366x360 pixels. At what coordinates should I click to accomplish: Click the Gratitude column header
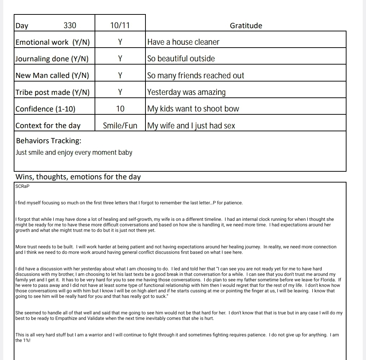[x=246, y=26]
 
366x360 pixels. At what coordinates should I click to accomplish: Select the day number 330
[x=70, y=25]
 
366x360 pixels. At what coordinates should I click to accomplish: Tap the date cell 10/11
[x=120, y=25]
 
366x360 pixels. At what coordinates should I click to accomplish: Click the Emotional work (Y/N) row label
[x=53, y=42]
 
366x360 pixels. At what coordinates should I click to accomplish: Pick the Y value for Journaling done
[x=120, y=59]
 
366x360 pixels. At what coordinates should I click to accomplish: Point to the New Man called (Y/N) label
[x=52, y=75]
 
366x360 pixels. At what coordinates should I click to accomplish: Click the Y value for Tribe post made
[x=120, y=92]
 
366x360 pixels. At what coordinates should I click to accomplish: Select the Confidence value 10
[x=120, y=109]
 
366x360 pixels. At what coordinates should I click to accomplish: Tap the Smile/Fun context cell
[x=120, y=126]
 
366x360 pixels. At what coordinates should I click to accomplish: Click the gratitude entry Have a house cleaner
[x=183, y=42]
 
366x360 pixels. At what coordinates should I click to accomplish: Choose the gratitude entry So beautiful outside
[x=181, y=59]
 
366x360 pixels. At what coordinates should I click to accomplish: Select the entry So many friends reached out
[x=196, y=76]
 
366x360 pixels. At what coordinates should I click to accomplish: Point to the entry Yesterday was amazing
[x=187, y=92]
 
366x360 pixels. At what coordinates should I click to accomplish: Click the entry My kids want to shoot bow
[x=193, y=109]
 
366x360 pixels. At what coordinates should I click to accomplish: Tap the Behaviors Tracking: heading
[x=49, y=140]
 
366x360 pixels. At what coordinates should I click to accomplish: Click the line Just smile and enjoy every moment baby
[x=74, y=153]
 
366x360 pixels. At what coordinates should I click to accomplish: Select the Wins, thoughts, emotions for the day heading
[x=78, y=177]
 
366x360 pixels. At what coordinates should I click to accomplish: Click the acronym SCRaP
[x=22, y=186]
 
